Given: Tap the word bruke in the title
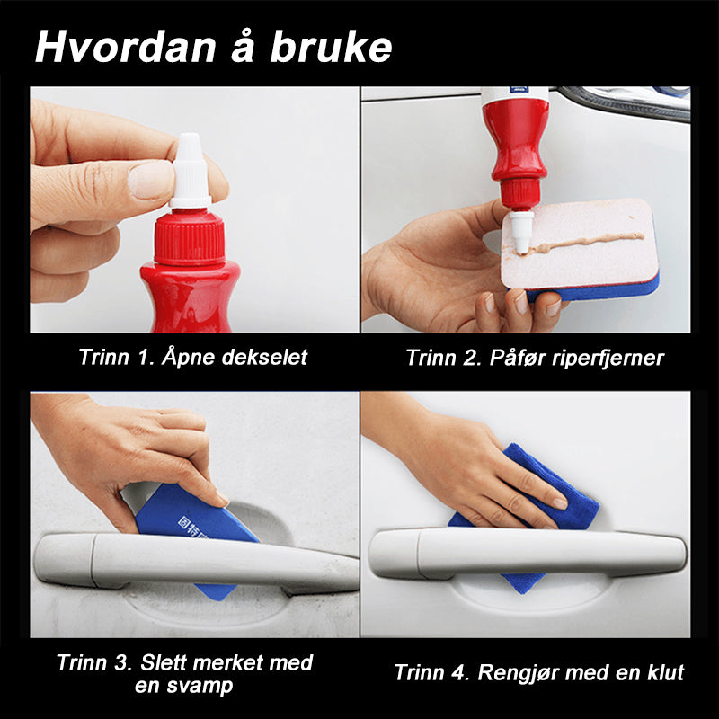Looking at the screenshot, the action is tap(331, 47).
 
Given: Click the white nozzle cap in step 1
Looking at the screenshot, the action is tap(191, 171).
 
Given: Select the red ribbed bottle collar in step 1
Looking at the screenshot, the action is tap(190, 237).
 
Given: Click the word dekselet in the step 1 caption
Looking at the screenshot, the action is tap(264, 357).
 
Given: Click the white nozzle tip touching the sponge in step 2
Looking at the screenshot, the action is tap(521, 232).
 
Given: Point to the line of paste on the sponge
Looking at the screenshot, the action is tap(587, 243).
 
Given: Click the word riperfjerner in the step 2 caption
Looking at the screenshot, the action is tap(608, 358).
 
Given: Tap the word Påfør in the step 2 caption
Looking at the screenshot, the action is tap(518, 358).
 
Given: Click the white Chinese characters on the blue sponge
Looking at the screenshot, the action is tap(191, 528).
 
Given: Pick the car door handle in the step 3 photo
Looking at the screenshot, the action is tap(195, 562).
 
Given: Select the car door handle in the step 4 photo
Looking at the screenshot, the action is tap(528, 554).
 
